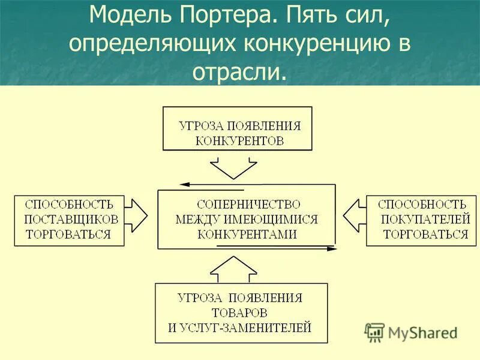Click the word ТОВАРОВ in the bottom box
[239, 313]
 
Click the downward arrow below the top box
[234, 169]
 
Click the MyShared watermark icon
[375, 332]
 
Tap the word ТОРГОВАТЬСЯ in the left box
[68, 234]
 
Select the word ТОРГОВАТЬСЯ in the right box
[425, 234]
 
